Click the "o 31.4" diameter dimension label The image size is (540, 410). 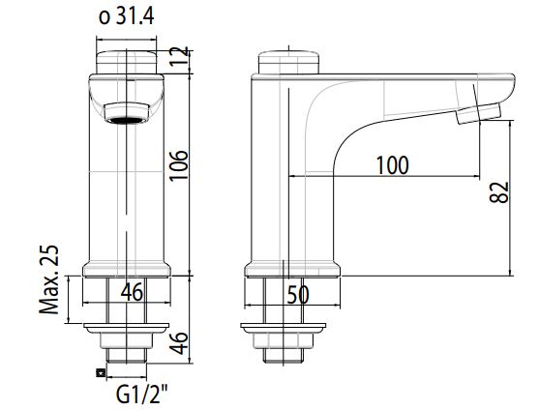tap(128, 16)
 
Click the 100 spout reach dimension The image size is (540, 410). tap(391, 164)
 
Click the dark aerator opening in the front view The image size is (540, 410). tap(126, 119)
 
